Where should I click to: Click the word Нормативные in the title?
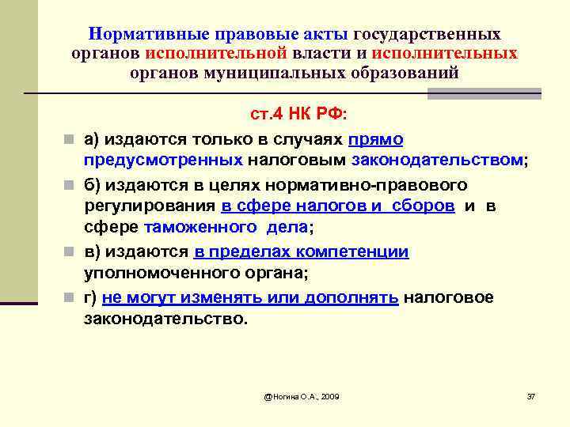coord(148,36)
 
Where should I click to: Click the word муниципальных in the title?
coord(293,72)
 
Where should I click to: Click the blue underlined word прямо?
coord(375,139)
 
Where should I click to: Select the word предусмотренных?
coord(163,159)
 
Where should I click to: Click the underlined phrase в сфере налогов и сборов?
coord(338,206)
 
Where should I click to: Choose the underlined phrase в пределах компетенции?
coord(301,252)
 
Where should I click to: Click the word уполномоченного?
coord(155,274)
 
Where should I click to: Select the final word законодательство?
coord(165,319)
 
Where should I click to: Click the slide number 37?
coord(531,395)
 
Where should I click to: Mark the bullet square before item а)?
coord(70,140)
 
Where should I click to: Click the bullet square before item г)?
coord(70,298)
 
